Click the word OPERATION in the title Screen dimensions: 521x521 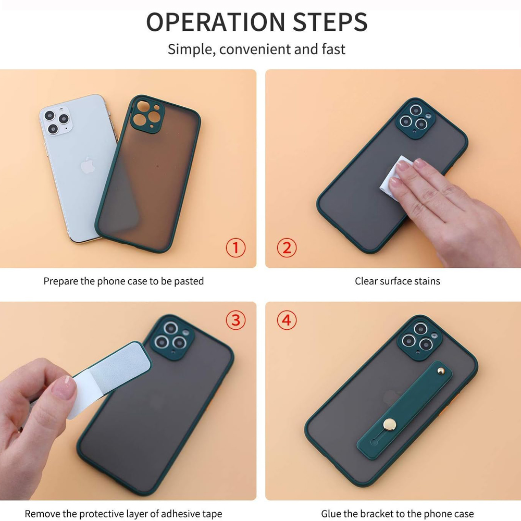point(215,22)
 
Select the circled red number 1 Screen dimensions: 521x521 point(235,247)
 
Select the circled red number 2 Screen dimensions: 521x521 point(286,247)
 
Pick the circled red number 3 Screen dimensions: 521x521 point(235,320)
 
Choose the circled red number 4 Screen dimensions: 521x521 point(286,320)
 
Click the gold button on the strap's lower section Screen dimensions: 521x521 point(388,425)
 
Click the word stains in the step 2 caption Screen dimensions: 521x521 point(427,281)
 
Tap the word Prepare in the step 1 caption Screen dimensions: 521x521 point(60,282)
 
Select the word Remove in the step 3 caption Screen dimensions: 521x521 point(42,514)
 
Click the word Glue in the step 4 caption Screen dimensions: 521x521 point(331,514)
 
